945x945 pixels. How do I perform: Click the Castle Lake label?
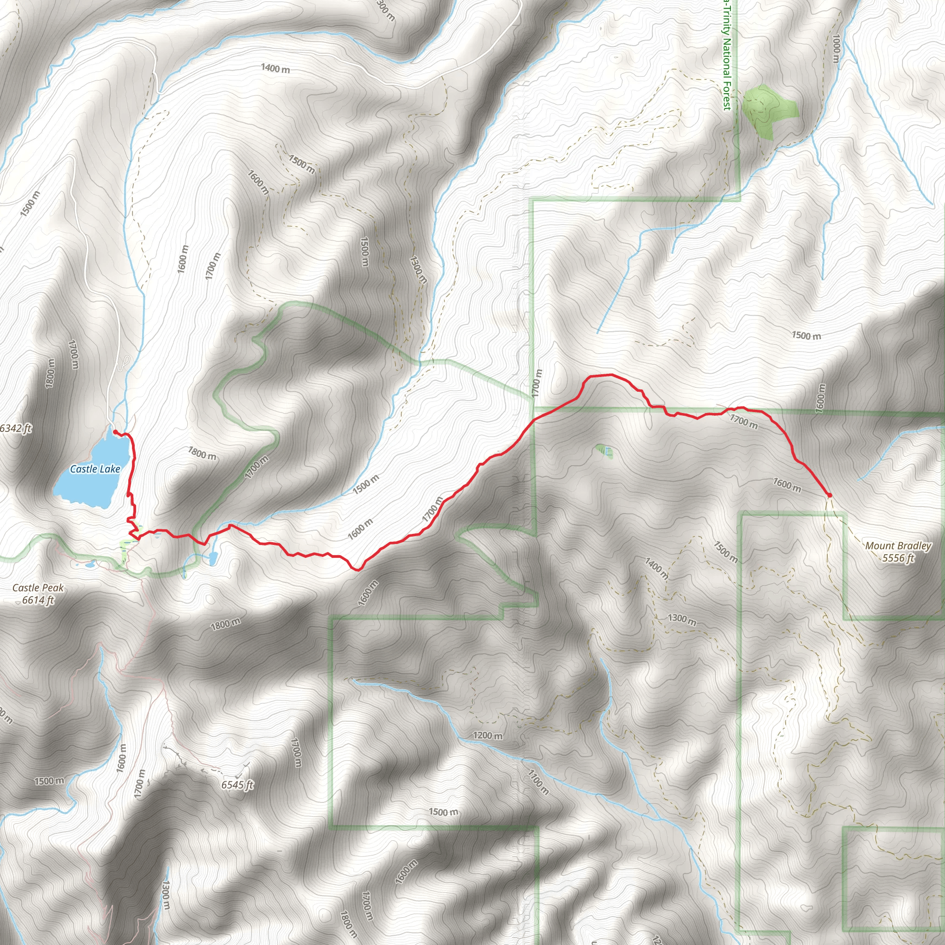click(95, 469)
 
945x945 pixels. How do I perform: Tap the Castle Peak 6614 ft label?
click(38, 593)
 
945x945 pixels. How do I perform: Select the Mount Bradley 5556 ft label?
click(898, 552)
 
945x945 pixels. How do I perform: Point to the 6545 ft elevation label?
click(237, 785)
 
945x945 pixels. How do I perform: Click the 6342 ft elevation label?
click(15, 429)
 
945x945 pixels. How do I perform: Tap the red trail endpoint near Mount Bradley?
click(830, 495)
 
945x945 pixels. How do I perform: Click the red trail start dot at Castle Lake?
click(114, 432)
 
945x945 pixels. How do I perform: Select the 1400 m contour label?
click(275, 68)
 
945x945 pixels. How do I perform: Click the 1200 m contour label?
click(487, 735)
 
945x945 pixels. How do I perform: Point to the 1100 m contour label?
click(538, 781)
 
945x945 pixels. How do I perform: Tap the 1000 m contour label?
click(836, 48)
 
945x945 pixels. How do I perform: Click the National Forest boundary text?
click(726, 54)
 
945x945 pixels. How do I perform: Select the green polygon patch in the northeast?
click(768, 110)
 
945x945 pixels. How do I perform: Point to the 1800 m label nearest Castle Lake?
click(202, 453)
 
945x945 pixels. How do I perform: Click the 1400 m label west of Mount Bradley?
click(656, 568)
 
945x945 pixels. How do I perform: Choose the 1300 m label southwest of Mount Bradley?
click(682, 620)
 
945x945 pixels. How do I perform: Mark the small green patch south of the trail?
click(603, 449)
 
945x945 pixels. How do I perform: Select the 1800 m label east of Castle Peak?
click(226, 624)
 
